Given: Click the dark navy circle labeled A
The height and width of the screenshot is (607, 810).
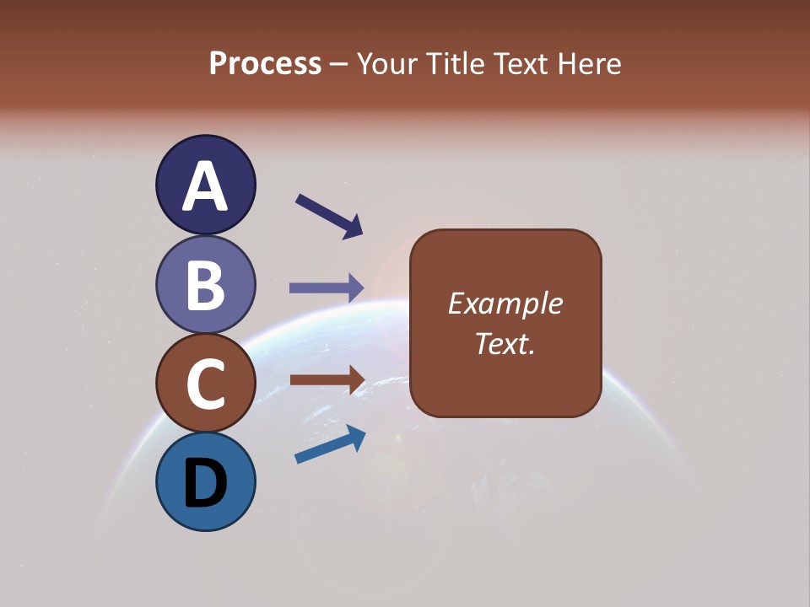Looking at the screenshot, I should [x=205, y=185].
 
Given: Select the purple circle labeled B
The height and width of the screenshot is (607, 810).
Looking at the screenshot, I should [x=205, y=284].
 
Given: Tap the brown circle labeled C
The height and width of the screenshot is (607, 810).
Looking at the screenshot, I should [x=205, y=383].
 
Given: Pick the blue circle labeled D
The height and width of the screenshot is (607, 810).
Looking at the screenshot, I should [x=205, y=481].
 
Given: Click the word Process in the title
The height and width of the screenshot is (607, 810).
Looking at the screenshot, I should [x=265, y=64].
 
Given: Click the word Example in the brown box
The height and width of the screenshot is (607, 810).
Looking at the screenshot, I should [x=505, y=303].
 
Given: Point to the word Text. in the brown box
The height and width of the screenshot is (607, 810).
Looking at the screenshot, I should [x=505, y=344].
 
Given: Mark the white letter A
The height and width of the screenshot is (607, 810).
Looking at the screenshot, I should [x=205, y=186].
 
